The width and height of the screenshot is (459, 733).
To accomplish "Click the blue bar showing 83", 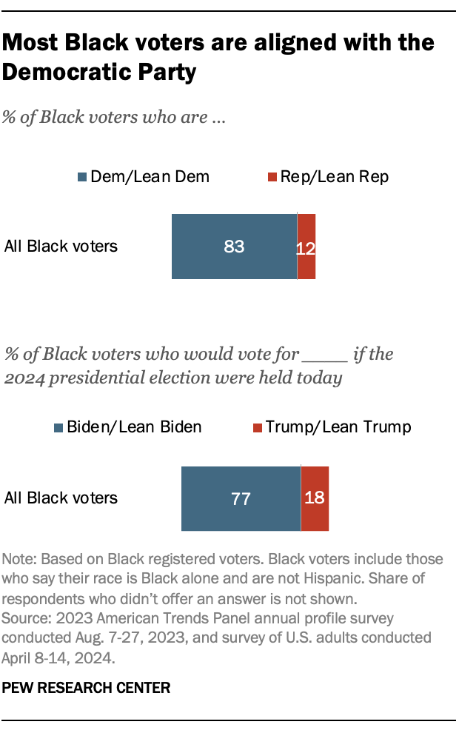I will pos(234,247).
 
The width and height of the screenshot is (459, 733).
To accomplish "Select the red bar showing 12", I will pos(306,247).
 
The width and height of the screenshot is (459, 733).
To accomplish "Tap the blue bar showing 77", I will pos(241,498).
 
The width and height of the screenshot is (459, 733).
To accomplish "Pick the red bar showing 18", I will pos(315,498).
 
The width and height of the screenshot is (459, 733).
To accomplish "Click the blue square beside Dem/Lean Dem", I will pos(81,177).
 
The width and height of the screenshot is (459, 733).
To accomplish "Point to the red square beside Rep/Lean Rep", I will pos(272,177).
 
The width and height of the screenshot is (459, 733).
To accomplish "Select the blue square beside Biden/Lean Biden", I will pos(58,428).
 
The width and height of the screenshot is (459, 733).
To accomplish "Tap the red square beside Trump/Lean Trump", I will pos(258,428).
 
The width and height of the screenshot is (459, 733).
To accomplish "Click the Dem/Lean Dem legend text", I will pos(149,177).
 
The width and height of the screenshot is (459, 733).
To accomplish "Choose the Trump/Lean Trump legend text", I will pos(338,428).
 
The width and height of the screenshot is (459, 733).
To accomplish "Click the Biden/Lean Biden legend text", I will pos(134,428).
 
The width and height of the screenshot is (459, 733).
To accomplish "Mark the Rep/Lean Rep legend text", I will pos(334,177).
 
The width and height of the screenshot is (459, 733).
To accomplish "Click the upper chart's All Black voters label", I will pos(61,247).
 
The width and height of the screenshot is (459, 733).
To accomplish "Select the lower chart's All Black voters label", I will pos(61,498).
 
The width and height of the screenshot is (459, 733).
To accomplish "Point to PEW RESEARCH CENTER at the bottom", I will pos(87,688).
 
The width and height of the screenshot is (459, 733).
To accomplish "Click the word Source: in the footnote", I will pos(25,617).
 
